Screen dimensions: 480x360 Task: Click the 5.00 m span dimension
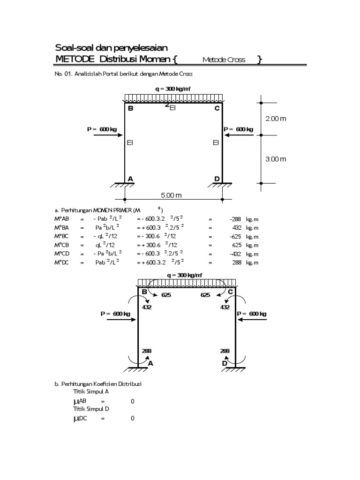[172, 195]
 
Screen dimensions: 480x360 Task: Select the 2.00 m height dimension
[276, 119]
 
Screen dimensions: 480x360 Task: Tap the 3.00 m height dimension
[276, 159]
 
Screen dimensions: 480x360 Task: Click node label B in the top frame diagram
[131, 109]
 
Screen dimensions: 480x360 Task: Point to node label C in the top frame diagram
[217, 109]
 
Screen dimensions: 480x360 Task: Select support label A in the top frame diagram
[131, 179]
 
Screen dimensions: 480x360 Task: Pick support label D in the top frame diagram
[217, 179]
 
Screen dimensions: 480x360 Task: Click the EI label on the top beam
[172, 108]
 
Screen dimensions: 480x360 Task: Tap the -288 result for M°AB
[235, 218]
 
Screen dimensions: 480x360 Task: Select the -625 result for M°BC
[235, 236]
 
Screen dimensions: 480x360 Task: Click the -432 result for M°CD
[235, 254]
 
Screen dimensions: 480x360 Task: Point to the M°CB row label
[62, 245]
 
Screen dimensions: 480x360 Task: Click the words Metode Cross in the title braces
[224, 60]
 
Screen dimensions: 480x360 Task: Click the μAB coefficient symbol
[80, 401]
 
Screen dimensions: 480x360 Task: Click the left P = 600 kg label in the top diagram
[102, 129]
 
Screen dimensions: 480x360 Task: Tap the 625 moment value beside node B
[166, 295]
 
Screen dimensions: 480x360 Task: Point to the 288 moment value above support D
[225, 351]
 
